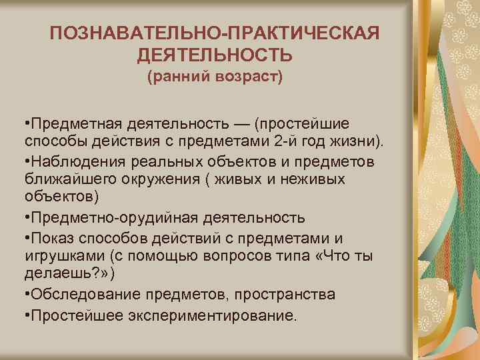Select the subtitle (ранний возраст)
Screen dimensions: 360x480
(x=215, y=77)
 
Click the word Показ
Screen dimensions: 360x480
(x=47, y=237)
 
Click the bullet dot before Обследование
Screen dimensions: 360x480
(x=25, y=294)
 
